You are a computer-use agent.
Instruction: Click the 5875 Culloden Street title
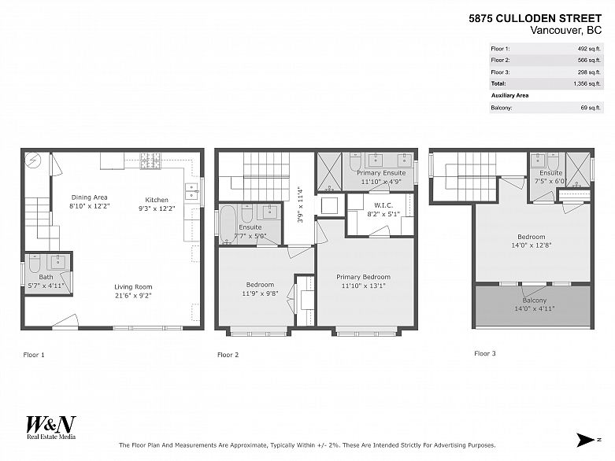tap(535, 18)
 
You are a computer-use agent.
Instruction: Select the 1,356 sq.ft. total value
tap(587, 83)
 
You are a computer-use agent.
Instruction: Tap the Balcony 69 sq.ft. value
tap(591, 108)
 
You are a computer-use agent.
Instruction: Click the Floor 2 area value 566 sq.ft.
tap(589, 61)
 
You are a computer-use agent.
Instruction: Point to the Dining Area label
tap(90, 197)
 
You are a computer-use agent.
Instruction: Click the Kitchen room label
tap(157, 200)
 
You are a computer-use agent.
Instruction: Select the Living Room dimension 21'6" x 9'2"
tap(133, 296)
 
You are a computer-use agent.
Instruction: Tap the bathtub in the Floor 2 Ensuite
tap(228, 224)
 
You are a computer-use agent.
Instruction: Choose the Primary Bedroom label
tap(363, 277)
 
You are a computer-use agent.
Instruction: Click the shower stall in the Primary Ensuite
tap(329, 171)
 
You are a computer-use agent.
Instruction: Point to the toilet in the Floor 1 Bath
tap(34, 264)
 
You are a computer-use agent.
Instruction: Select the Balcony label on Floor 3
tap(534, 301)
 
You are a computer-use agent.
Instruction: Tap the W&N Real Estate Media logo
tap(51, 427)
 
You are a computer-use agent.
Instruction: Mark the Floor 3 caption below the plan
tap(485, 353)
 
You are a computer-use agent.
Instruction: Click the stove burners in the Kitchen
tap(150, 160)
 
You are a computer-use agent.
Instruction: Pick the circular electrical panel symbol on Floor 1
tap(32, 160)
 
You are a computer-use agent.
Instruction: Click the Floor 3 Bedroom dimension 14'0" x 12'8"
tap(531, 245)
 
